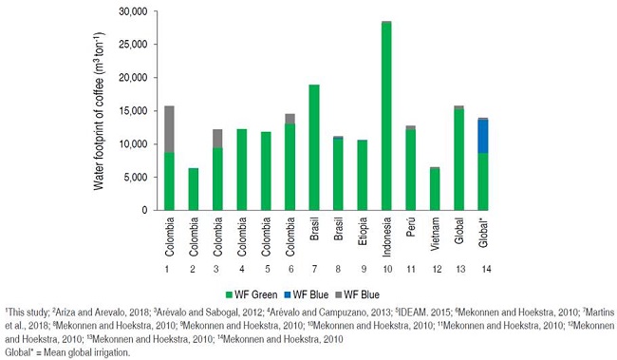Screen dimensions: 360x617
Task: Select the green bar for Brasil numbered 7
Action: pos(314,147)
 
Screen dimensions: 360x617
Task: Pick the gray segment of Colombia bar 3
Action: pos(217,138)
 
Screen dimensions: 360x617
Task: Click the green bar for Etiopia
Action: pos(363,175)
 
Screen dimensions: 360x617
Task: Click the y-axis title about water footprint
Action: pos(100,109)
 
